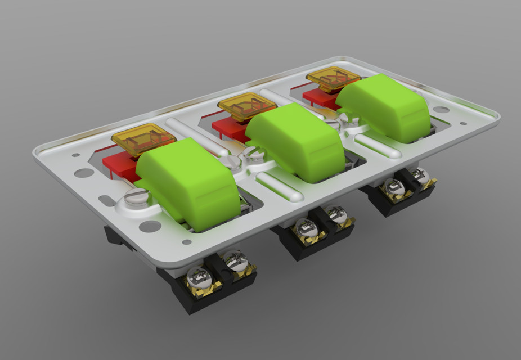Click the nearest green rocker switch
pyautogui.click(x=188, y=180)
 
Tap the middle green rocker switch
pyautogui.click(x=295, y=141)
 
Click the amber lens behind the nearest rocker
pyautogui.click(x=143, y=138)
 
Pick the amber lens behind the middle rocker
pyautogui.click(x=246, y=106)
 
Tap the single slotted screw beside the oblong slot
pyautogui.click(x=136, y=197)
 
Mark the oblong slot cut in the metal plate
pyautogui.click(x=107, y=200)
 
